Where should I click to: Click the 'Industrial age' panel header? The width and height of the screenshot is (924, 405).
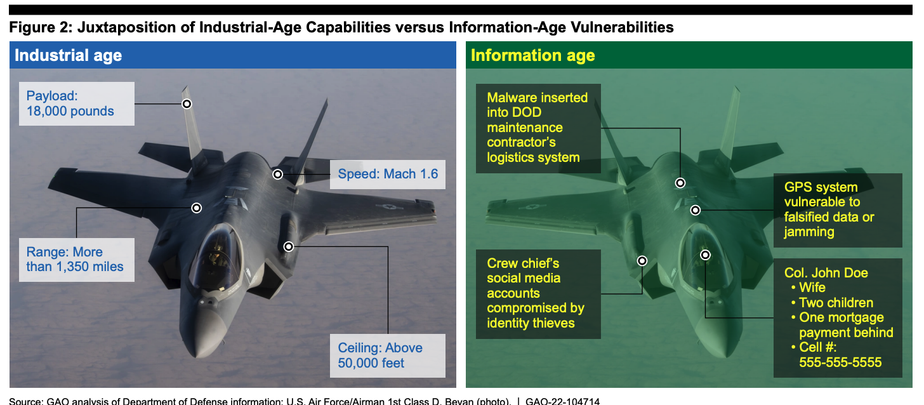(233, 55)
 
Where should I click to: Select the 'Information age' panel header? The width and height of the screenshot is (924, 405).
(689, 55)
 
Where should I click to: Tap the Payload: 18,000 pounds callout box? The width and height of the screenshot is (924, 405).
(77, 103)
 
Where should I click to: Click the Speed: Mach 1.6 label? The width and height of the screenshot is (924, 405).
(388, 174)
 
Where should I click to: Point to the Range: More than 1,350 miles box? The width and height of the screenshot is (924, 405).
(77, 260)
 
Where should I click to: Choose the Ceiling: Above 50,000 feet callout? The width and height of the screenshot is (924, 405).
(388, 355)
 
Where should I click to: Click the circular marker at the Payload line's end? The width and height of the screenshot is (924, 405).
(187, 104)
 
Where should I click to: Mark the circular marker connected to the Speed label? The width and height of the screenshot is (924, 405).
(278, 175)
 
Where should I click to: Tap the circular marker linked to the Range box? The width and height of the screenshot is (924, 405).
(197, 208)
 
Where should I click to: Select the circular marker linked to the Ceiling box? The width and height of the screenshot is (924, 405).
(289, 247)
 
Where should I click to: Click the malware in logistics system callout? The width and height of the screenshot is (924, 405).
(538, 128)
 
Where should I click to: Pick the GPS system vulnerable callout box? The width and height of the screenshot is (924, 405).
(838, 210)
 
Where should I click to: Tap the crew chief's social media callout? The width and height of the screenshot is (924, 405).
(538, 294)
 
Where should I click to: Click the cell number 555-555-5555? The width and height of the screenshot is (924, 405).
(840, 362)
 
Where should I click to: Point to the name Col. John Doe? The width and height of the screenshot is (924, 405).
(826, 272)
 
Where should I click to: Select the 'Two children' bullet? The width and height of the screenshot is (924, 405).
(832, 303)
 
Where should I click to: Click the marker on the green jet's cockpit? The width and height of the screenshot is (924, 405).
(706, 255)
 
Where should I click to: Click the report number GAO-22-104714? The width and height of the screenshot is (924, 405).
(563, 401)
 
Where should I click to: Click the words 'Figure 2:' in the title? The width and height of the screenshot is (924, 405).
(41, 27)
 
